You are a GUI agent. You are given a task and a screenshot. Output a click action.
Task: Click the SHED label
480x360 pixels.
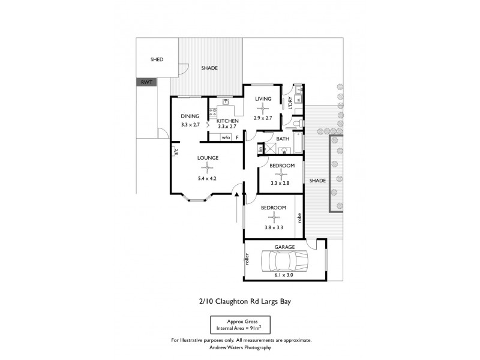(157, 59)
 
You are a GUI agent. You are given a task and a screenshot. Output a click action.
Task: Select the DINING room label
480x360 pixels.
(190, 116)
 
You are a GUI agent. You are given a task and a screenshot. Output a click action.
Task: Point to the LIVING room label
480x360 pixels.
(263, 99)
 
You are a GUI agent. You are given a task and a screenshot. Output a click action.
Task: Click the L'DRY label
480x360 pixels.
(290, 103)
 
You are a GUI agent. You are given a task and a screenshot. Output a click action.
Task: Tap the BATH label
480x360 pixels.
(283, 139)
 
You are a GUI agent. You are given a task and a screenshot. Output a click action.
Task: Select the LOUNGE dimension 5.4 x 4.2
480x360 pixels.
(206, 179)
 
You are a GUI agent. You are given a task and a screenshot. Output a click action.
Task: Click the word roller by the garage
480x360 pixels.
(247, 259)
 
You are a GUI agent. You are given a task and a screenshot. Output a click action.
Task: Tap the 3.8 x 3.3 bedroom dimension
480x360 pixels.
(273, 228)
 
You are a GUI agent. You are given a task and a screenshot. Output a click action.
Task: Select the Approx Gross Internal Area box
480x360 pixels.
(240, 324)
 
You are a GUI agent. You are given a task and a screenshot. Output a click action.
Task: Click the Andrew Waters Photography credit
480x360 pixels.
(240, 347)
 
